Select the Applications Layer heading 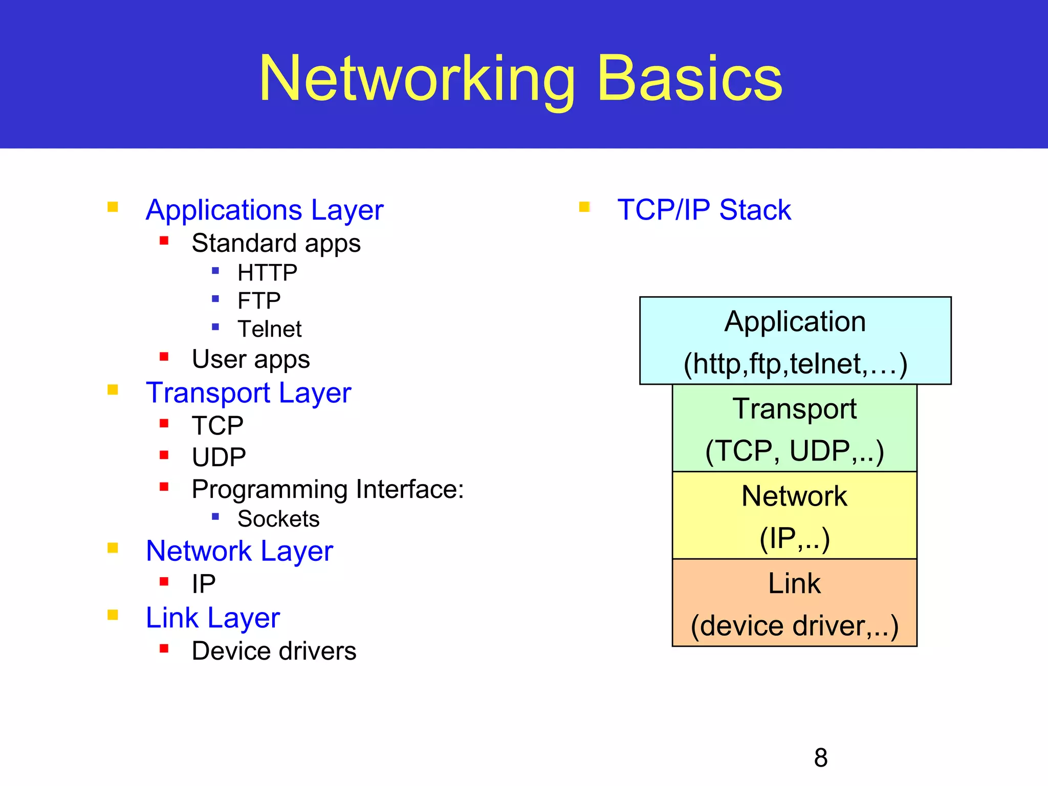pos(265,210)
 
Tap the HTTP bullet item pos(267,273)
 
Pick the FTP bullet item pos(259,301)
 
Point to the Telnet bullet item pos(270,329)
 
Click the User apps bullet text pos(251,359)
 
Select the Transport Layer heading pos(248,393)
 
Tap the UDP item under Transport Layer pos(219,457)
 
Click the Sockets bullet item pos(278,519)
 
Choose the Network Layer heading pos(239,551)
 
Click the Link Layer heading pos(213,618)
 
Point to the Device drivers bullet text pos(274,651)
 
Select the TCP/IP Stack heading pos(704,210)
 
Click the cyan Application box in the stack pos(795,341)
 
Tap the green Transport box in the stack pos(794,428)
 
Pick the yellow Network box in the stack pos(794,515)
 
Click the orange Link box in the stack pos(794,603)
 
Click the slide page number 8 pos(821,758)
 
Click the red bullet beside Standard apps pos(164,241)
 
